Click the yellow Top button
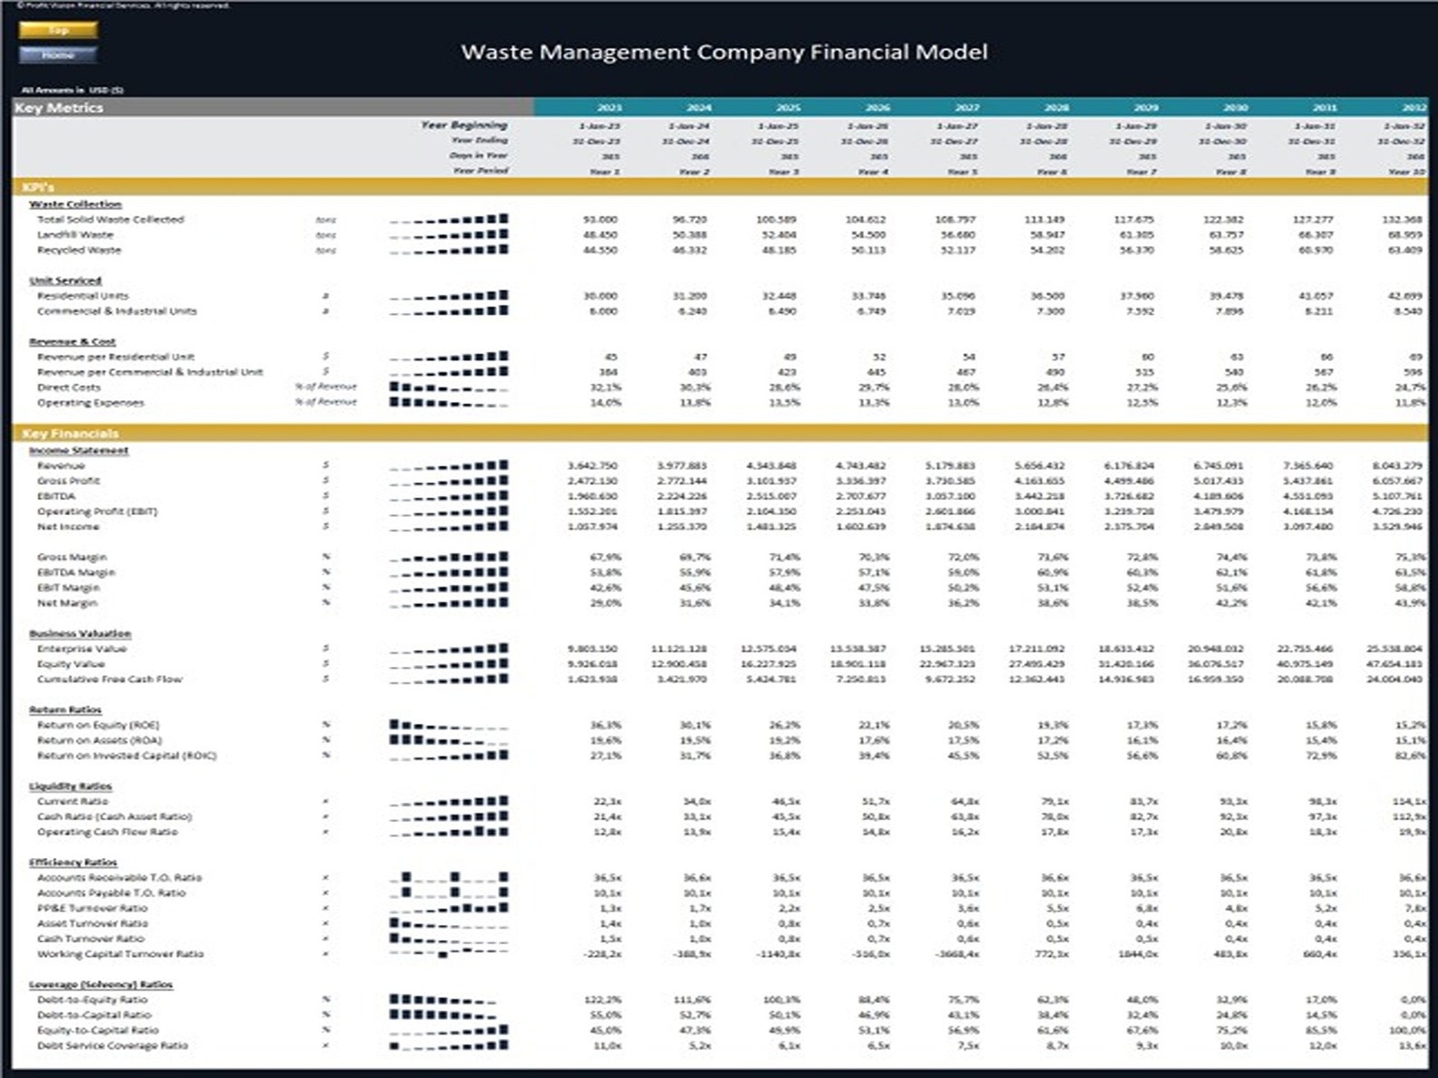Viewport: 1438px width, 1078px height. [x=58, y=30]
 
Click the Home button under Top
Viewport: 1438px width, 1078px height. [x=58, y=55]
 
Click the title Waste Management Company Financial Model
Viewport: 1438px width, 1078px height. [x=724, y=52]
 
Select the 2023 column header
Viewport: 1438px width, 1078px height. [x=609, y=107]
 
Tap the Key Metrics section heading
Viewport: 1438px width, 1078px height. [x=59, y=107]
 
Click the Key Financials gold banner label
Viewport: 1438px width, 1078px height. [x=70, y=434]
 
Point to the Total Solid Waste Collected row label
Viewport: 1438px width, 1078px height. [x=110, y=219]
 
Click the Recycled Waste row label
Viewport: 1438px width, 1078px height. [x=78, y=250]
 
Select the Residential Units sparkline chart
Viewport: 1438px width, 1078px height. [x=448, y=296]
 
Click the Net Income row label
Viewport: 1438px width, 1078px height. [x=67, y=527]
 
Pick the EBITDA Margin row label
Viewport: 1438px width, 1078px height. [x=75, y=572]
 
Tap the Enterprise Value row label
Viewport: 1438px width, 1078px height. [x=81, y=649]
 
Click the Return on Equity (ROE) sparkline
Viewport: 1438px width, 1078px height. [x=448, y=725]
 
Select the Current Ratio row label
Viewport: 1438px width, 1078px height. [x=72, y=801]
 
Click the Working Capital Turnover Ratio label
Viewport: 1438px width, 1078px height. [x=120, y=954]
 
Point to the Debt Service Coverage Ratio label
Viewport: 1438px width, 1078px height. [x=112, y=1045]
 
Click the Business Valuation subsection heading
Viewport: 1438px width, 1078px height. [x=80, y=634]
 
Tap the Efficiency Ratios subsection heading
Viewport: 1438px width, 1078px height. [x=72, y=863]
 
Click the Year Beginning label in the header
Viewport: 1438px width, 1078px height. [x=464, y=125]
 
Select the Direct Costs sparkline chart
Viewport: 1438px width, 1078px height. [x=448, y=387]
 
